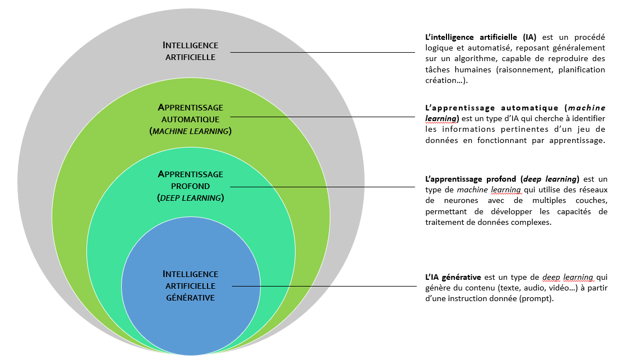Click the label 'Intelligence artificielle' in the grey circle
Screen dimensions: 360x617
190,51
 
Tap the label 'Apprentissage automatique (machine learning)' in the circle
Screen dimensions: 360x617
190,119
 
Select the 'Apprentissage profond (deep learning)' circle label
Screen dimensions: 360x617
190,186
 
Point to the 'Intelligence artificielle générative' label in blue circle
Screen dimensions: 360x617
190,285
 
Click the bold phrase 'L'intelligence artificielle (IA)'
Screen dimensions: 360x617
481,38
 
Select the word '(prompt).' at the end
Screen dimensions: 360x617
538,298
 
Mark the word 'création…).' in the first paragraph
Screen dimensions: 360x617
446,80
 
